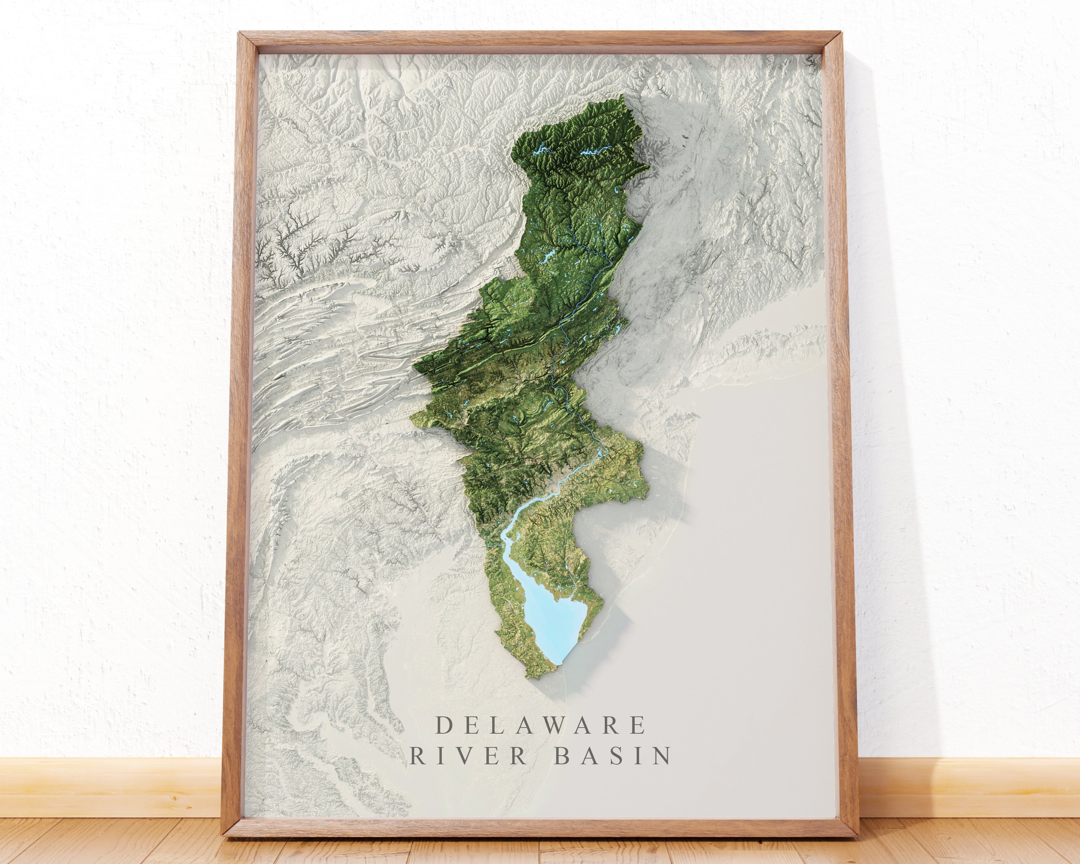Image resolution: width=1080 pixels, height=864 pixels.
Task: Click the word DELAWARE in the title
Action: (x=540, y=725)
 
